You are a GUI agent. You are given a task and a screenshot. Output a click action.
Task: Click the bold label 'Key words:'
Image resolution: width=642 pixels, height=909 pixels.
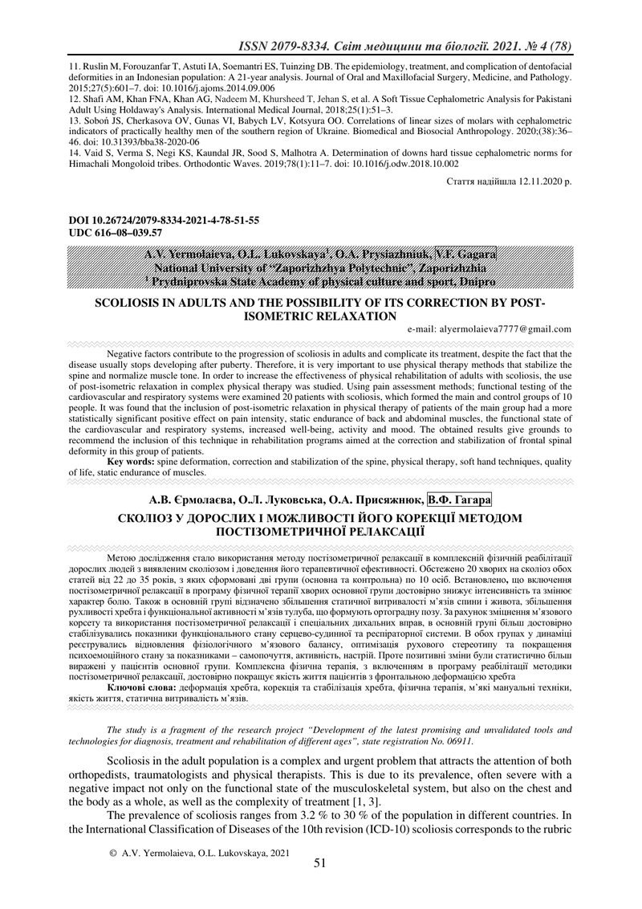(132, 463)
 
